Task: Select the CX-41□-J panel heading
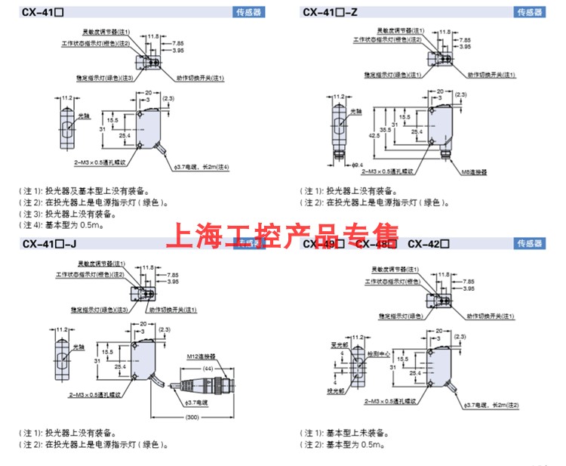(x=50, y=243)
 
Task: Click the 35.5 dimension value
(x=386, y=129)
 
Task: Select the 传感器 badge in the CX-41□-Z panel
(x=529, y=12)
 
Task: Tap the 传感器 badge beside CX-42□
(x=529, y=243)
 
